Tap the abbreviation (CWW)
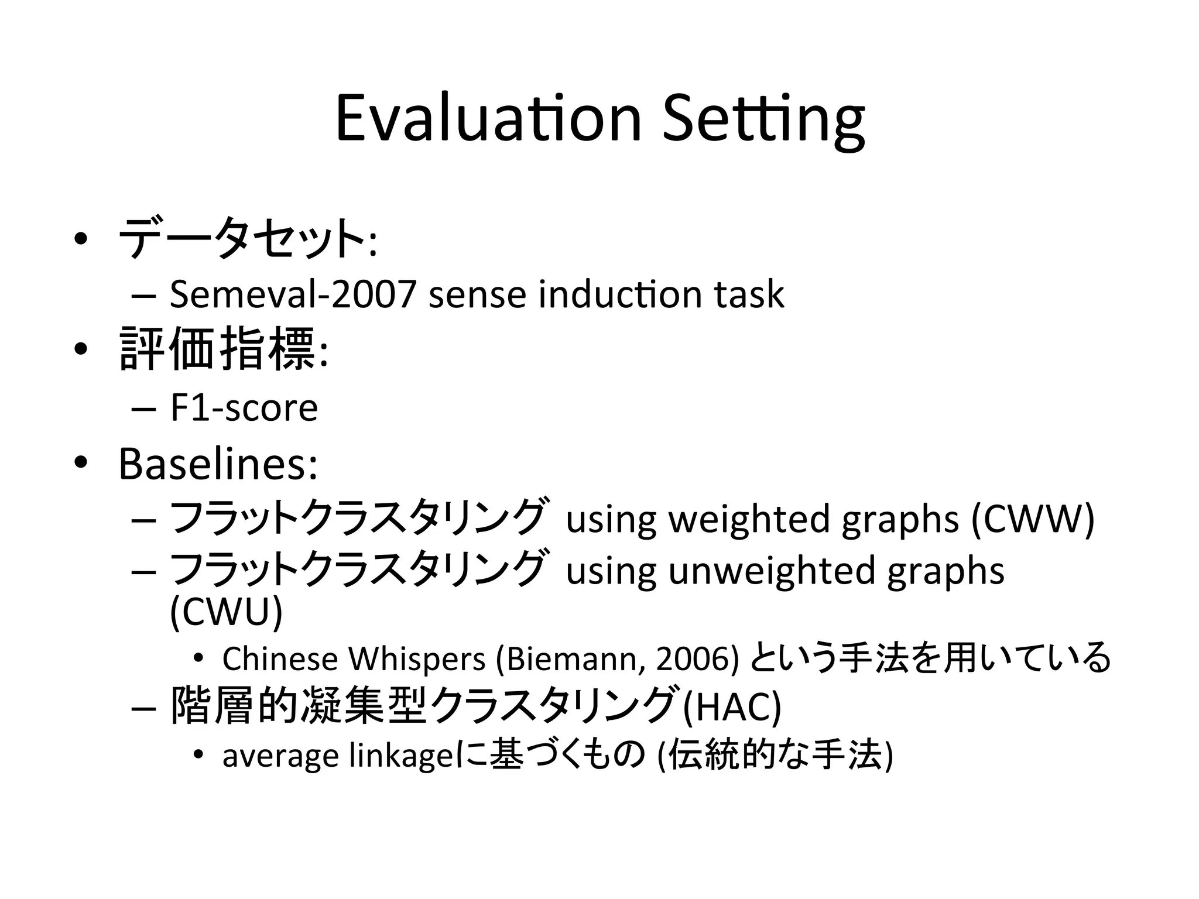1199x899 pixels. pyautogui.click(x=1033, y=519)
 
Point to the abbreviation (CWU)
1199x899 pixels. pyautogui.click(x=226, y=612)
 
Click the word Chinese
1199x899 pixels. pyautogui.click(x=280, y=658)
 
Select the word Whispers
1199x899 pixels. pyautogui.click(x=417, y=658)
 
